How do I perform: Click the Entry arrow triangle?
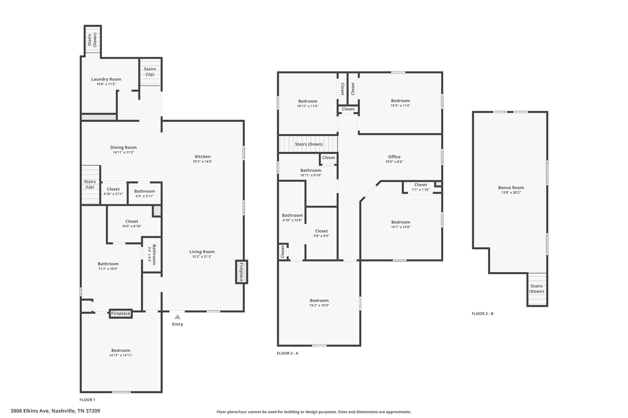pos(178,317)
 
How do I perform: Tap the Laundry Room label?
pos(106,79)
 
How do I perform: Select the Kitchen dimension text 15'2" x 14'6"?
pos(203,161)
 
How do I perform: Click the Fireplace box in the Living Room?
pos(242,272)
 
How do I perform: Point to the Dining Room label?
pos(123,148)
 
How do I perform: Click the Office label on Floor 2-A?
pos(394,157)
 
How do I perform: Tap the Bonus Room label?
pos(511,188)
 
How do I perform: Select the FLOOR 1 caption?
pos(87,400)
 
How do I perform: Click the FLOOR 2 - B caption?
pos(483,314)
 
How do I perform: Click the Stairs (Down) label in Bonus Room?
pos(537,289)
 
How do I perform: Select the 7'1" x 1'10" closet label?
pos(421,190)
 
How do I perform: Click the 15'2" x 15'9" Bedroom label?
pos(319,305)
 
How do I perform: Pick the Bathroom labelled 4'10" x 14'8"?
pos(292,217)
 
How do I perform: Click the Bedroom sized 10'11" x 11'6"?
pos(308,104)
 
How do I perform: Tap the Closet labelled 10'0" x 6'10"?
pos(132,224)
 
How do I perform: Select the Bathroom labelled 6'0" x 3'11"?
pos(144,194)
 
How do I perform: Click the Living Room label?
pos(202,252)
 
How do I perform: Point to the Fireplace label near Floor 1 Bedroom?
pos(121,314)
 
